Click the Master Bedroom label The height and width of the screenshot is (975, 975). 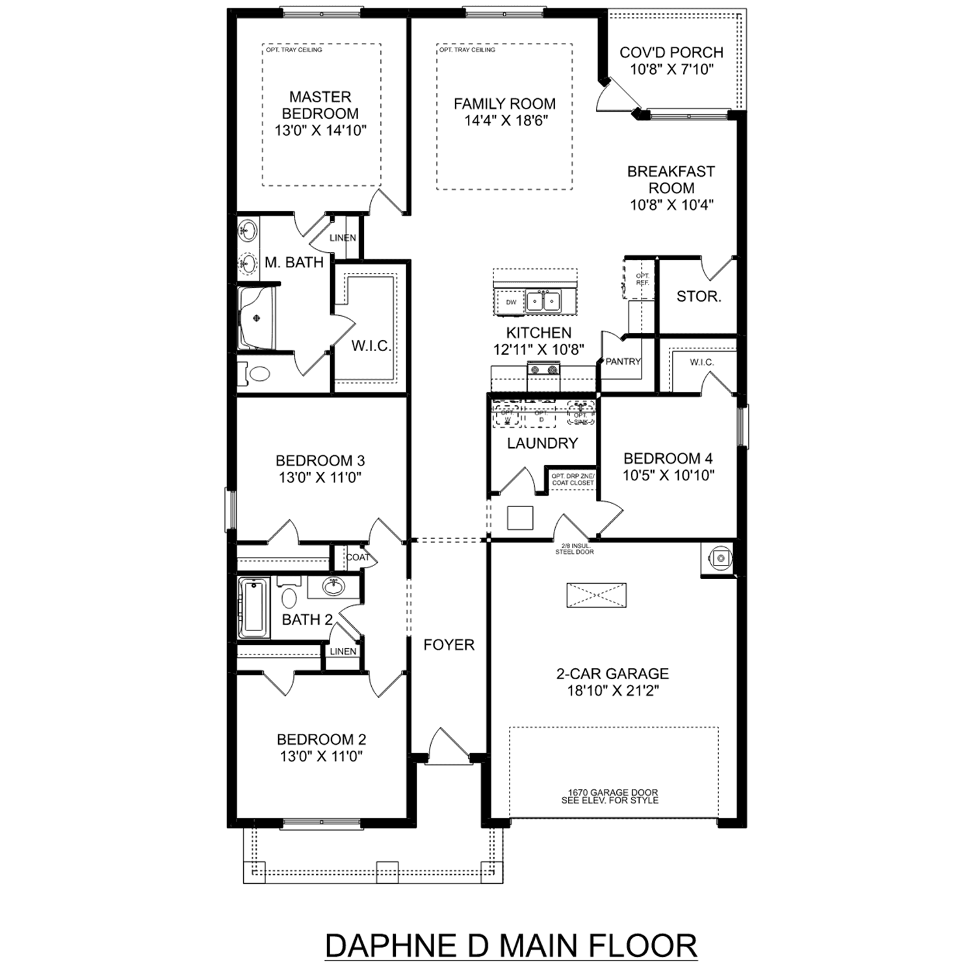[x=320, y=105]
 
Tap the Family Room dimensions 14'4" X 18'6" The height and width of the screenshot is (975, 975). [x=505, y=121]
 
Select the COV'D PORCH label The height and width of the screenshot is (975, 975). [x=671, y=53]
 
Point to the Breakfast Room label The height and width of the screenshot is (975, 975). [x=671, y=179]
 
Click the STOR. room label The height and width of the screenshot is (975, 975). [x=699, y=297]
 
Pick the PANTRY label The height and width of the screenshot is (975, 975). [x=623, y=361]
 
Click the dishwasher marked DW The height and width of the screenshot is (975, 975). [x=511, y=302]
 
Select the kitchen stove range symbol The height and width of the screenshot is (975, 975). [x=543, y=370]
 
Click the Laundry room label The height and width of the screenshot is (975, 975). [x=542, y=443]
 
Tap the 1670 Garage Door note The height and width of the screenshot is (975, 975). [x=610, y=796]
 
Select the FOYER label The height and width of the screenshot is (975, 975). [x=448, y=645]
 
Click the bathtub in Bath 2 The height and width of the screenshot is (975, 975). [x=253, y=608]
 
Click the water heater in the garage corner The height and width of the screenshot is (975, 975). [x=721, y=558]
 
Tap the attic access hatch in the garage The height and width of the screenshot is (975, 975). [x=596, y=595]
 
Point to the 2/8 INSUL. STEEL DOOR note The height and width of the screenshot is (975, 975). [x=574, y=549]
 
